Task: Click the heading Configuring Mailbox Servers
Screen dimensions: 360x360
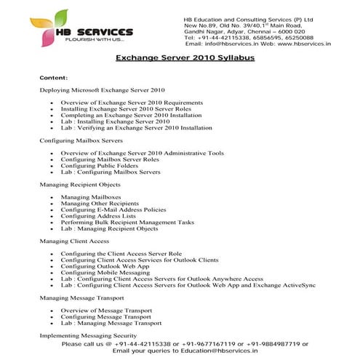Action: point(81,140)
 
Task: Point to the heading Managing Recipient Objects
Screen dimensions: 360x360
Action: point(80,185)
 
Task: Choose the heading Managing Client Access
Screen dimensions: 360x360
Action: point(74,241)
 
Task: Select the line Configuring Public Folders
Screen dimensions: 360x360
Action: point(100,166)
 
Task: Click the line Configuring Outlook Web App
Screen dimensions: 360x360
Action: point(105,266)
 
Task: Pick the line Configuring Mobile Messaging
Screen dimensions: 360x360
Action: point(105,272)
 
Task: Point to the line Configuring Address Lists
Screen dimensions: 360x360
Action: point(99,216)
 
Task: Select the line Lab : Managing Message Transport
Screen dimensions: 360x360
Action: point(111,322)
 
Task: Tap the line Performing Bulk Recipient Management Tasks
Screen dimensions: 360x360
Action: point(127,223)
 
